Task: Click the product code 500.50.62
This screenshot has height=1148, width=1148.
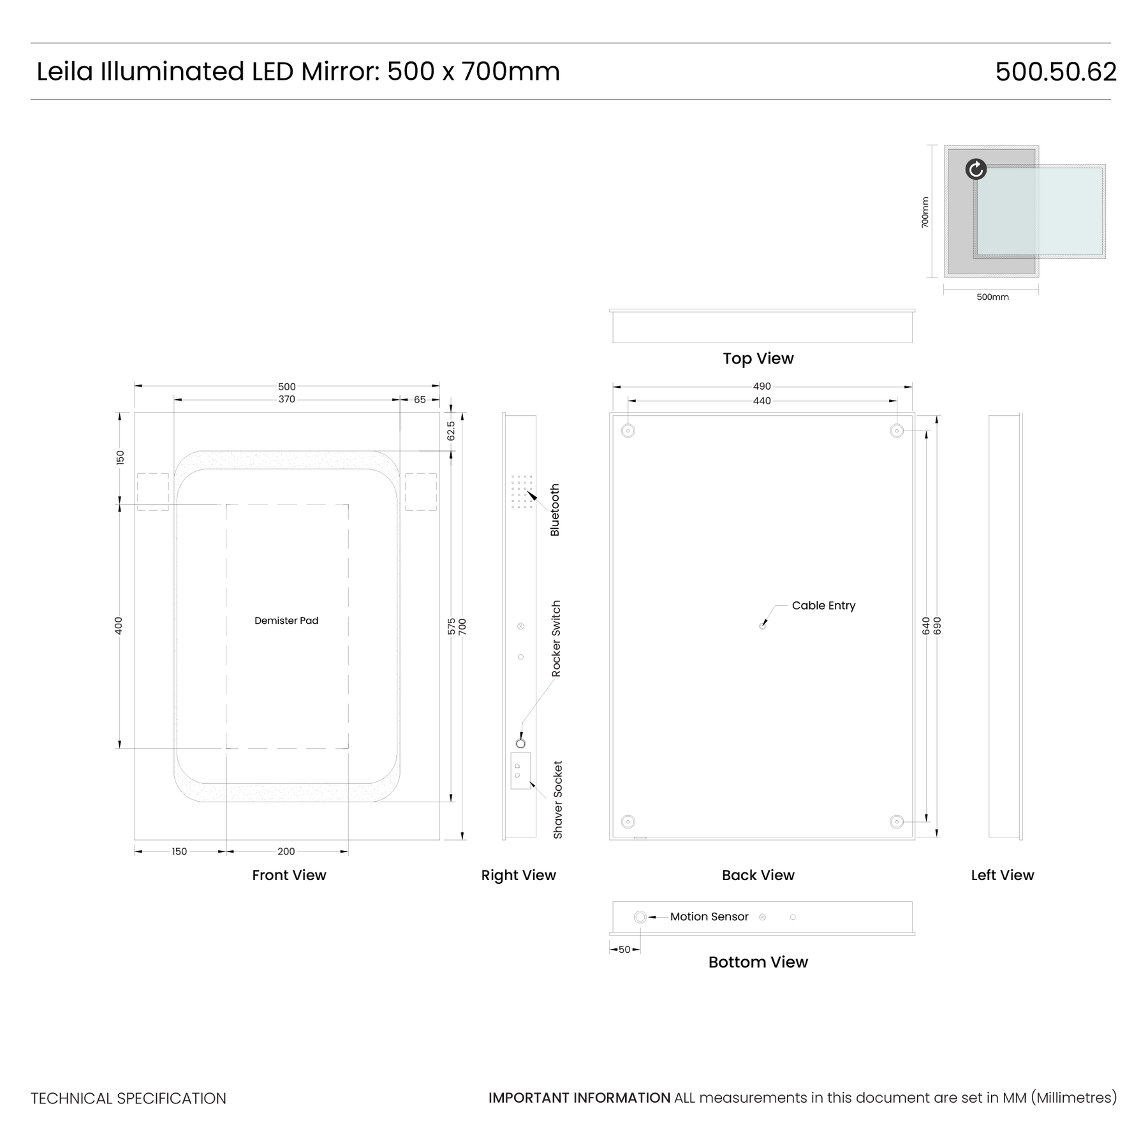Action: (1056, 71)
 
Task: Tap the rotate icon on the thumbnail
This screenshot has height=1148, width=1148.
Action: (976, 169)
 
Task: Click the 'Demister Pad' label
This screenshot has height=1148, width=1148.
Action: (286, 621)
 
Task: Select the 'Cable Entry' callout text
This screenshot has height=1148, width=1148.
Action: (823, 606)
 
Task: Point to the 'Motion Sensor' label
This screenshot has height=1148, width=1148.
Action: (709, 916)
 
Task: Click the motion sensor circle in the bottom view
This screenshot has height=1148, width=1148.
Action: (640, 917)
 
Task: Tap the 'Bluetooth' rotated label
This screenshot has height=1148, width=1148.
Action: (555, 510)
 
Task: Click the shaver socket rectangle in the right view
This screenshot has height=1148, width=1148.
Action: (520, 771)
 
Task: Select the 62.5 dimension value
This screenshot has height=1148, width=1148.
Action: (451, 431)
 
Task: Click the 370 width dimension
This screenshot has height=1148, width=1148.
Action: (287, 399)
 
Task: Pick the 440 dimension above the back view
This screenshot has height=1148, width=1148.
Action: (762, 401)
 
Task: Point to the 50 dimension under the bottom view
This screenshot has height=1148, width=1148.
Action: (624, 950)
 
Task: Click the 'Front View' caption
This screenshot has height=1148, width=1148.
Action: (289, 875)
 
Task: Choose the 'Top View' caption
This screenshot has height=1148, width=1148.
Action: (758, 358)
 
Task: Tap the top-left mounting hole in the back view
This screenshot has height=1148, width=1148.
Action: (628, 431)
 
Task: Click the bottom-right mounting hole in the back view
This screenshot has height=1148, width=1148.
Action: (897, 822)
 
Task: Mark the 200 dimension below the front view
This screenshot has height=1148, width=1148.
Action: (286, 851)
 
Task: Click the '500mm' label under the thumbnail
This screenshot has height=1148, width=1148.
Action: (993, 297)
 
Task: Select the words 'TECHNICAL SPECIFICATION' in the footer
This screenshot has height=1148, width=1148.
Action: (128, 1098)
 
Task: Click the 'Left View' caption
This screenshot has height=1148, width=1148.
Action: (1003, 875)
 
